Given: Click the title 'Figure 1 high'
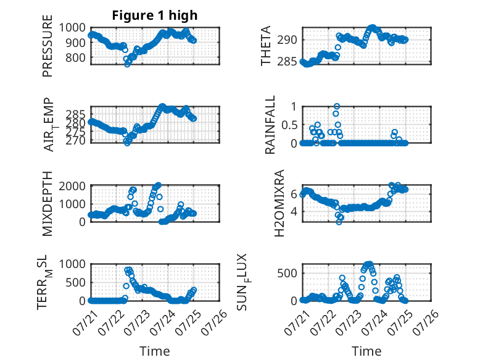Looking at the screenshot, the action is click(x=155, y=15).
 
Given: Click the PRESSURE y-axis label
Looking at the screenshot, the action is click(x=48, y=46).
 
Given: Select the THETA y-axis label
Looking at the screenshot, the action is click(x=266, y=46).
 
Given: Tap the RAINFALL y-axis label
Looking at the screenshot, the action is click(x=270, y=125).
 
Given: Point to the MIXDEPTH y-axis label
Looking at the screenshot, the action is click(x=48, y=204).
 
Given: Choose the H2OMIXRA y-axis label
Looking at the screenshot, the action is click(x=279, y=203).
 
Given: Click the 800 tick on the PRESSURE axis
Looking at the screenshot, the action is click(x=75, y=57).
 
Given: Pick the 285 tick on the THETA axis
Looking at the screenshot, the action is click(x=287, y=62).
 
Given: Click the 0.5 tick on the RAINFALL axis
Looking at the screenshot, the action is click(x=289, y=125).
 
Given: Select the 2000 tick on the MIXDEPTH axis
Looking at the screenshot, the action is click(x=72, y=186).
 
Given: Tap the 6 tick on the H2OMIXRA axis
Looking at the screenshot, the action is click(x=294, y=194).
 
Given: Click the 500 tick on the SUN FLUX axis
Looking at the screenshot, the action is click(x=287, y=274).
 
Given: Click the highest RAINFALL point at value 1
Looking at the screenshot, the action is click(x=337, y=106).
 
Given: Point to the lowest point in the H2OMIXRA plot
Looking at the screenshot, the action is click(x=339, y=222).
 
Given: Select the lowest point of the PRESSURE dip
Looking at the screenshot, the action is click(x=127, y=64).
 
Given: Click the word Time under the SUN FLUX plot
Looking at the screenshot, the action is click(x=366, y=351).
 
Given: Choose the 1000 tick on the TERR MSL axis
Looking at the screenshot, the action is click(x=72, y=264).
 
